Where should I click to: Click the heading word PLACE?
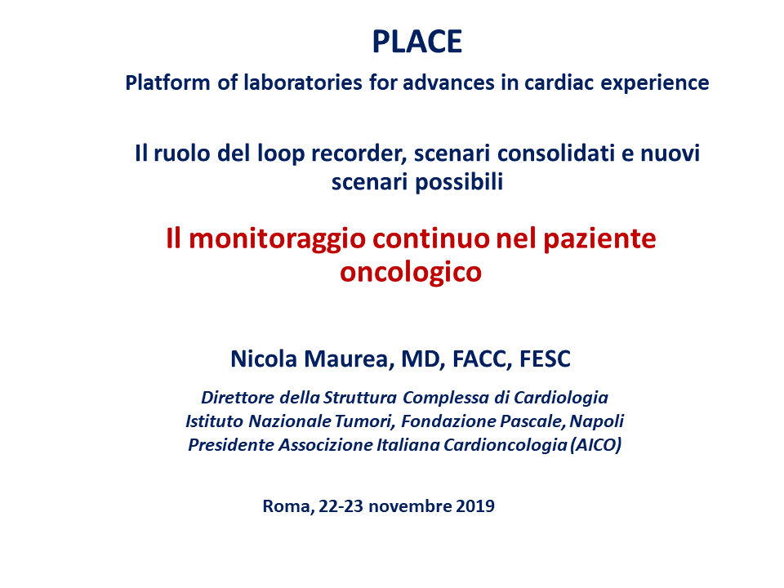pyautogui.click(x=417, y=42)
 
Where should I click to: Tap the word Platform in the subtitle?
pyautogui.click(x=167, y=82)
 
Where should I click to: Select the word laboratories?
pyautogui.click(x=303, y=82)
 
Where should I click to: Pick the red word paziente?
pyautogui.click(x=599, y=239)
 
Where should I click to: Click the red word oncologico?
pyautogui.click(x=411, y=273)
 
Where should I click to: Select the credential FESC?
pyautogui.click(x=545, y=359)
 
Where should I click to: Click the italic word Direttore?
pyautogui.click(x=238, y=398)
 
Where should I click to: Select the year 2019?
pyautogui.click(x=475, y=506)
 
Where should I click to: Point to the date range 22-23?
pyautogui.click(x=341, y=506)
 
